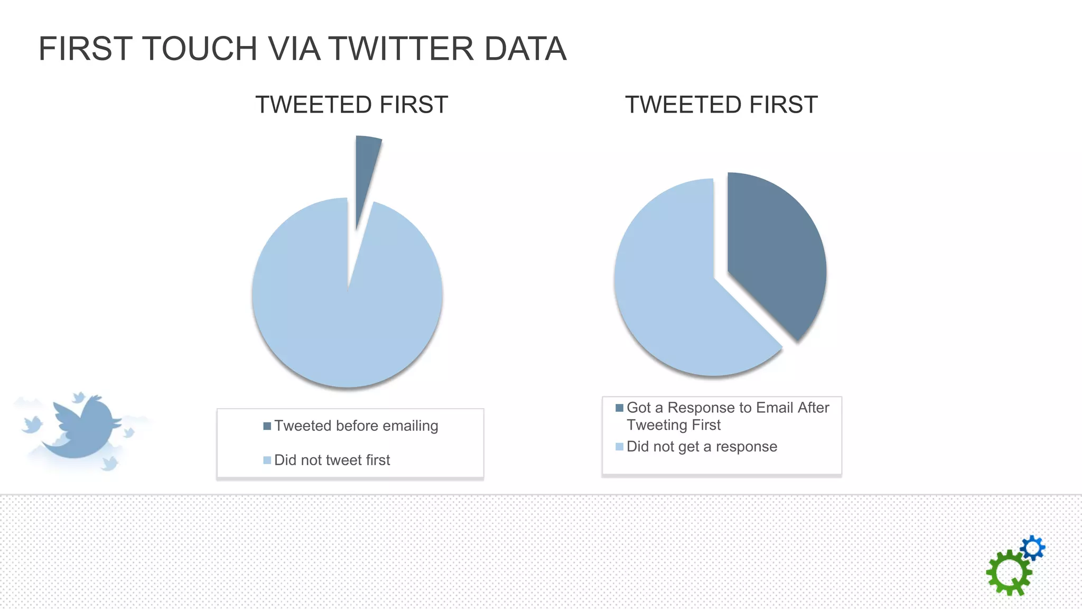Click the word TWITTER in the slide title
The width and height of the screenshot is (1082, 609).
pyautogui.click(x=402, y=49)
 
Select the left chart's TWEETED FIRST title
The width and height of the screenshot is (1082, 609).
pyautogui.click(x=352, y=105)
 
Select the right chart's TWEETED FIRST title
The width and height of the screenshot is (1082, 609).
pyautogui.click(x=722, y=105)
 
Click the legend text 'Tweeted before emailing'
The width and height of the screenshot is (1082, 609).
pyautogui.click(x=356, y=426)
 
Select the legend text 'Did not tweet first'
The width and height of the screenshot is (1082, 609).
pyautogui.click(x=332, y=460)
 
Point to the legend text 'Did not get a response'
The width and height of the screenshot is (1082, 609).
pyautogui.click(x=702, y=447)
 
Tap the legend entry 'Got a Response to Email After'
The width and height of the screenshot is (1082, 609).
pyautogui.click(x=727, y=408)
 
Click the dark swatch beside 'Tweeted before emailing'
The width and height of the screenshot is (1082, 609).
pyautogui.click(x=267, y=426)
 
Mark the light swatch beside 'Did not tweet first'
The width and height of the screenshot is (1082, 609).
pyautogui.click(x=267, y=460)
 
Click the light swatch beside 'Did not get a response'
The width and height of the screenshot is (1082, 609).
pyautogui.click(x=620, y=447)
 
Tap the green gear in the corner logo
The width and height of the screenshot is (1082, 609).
pyautogui.click(x=1008, y=573)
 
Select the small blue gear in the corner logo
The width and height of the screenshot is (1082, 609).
pyautogui.click(x=1033, y=548)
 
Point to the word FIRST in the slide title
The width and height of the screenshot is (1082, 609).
pyautogui.click(x=85, y=49)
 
